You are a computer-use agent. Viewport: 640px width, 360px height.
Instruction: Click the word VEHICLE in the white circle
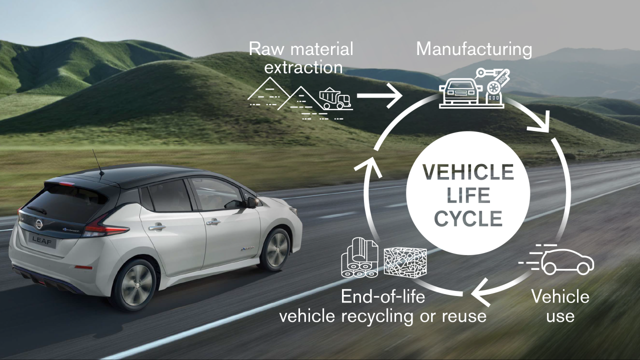pyautogui.click(x=468, y=172)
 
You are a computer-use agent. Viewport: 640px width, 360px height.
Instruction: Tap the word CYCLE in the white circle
pyautogui.click(x=468, y=218)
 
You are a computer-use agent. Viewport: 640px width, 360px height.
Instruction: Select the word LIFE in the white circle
pyautogui.click(x=468, y=195)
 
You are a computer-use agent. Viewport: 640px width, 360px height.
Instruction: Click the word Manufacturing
pyautogui.click(x=474, y=49)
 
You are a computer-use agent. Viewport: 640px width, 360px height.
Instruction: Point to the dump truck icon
pyautogui.click(x=335, y=98)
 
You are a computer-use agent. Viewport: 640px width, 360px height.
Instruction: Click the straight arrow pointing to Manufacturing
pyautogui.click(x=379, y=95)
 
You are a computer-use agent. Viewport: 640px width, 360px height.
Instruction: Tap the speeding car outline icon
pyautogui.click(x=556, y=260)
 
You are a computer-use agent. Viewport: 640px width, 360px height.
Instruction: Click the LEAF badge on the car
pyautogui.click(x=42, y=240)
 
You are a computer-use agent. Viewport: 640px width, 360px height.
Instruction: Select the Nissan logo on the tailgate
pyautogui.click(x=38, y=223)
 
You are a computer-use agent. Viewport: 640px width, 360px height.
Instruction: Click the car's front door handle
pyautogui.click(x=213, y=221)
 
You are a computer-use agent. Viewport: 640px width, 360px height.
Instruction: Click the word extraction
pyautogui.click(x=303, y=67)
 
